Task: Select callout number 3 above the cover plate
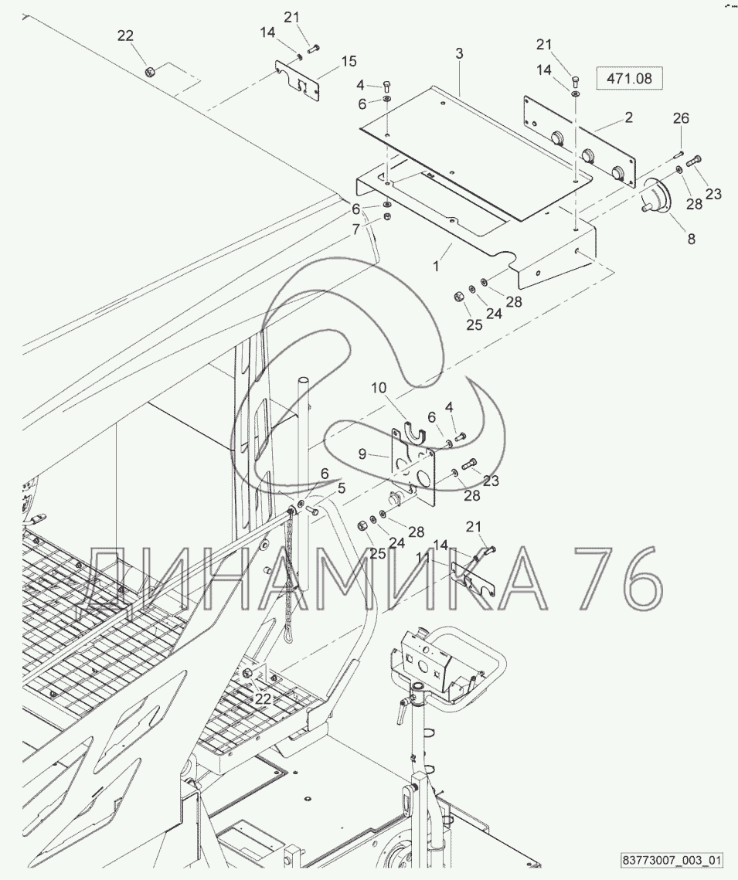coord(459,54)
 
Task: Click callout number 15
coord(349,61)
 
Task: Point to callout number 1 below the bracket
coord(436,266)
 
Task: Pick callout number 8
coord(692,239)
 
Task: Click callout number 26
coord(682,118)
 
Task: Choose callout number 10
coord(379,387)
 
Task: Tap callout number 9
coord(362,454)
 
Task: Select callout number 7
coord(356,229)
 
